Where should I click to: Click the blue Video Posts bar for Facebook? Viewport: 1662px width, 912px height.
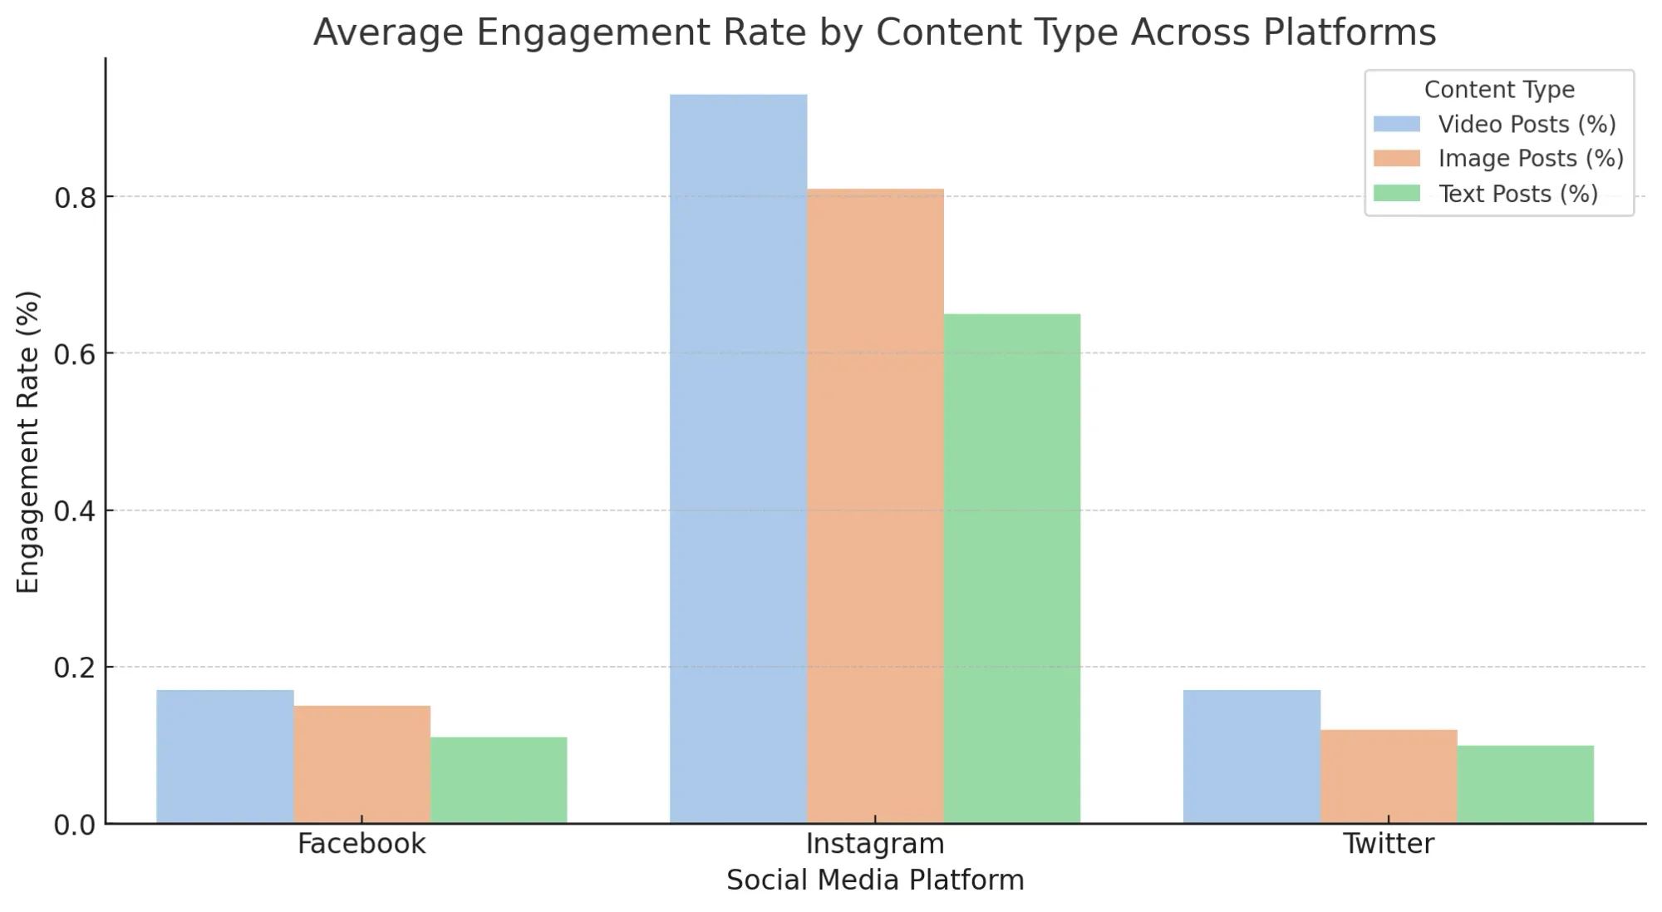224,757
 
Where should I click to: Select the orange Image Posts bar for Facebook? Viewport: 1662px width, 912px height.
361,765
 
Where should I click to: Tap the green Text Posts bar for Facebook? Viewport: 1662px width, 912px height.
499,780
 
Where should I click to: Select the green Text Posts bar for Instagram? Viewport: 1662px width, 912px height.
1011,569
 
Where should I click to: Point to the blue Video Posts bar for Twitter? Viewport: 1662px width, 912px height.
1251,757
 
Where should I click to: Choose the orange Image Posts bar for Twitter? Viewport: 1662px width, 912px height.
1388,776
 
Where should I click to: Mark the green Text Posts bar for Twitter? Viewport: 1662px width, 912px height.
1525,784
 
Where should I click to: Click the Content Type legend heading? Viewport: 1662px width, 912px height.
1499,90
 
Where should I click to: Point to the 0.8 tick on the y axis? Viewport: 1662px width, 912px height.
76,198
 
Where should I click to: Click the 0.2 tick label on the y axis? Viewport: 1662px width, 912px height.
76,668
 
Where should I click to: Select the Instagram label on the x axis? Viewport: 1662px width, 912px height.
875,844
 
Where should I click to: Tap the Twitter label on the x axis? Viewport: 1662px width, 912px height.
1388,844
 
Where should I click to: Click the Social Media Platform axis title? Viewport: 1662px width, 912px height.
875,880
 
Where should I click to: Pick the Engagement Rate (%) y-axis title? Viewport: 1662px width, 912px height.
28,441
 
